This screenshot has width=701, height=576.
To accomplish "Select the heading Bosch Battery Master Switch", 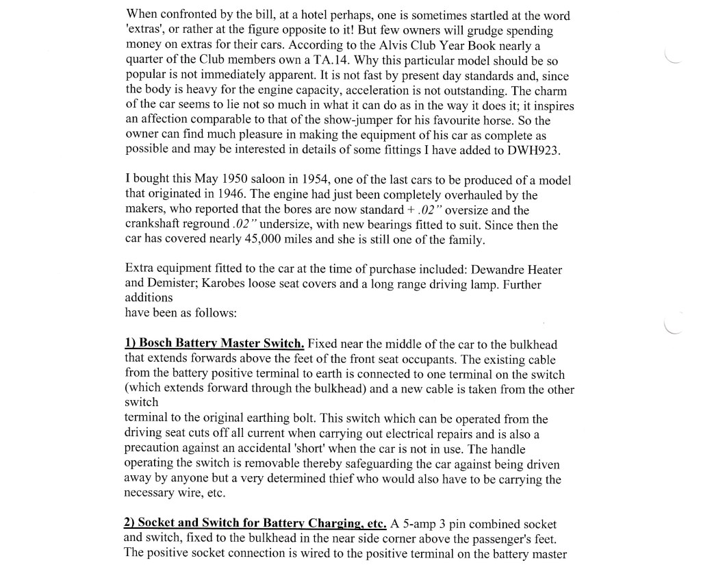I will pos(214,343).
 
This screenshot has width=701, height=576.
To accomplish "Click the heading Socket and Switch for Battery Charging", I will pos(255,523).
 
